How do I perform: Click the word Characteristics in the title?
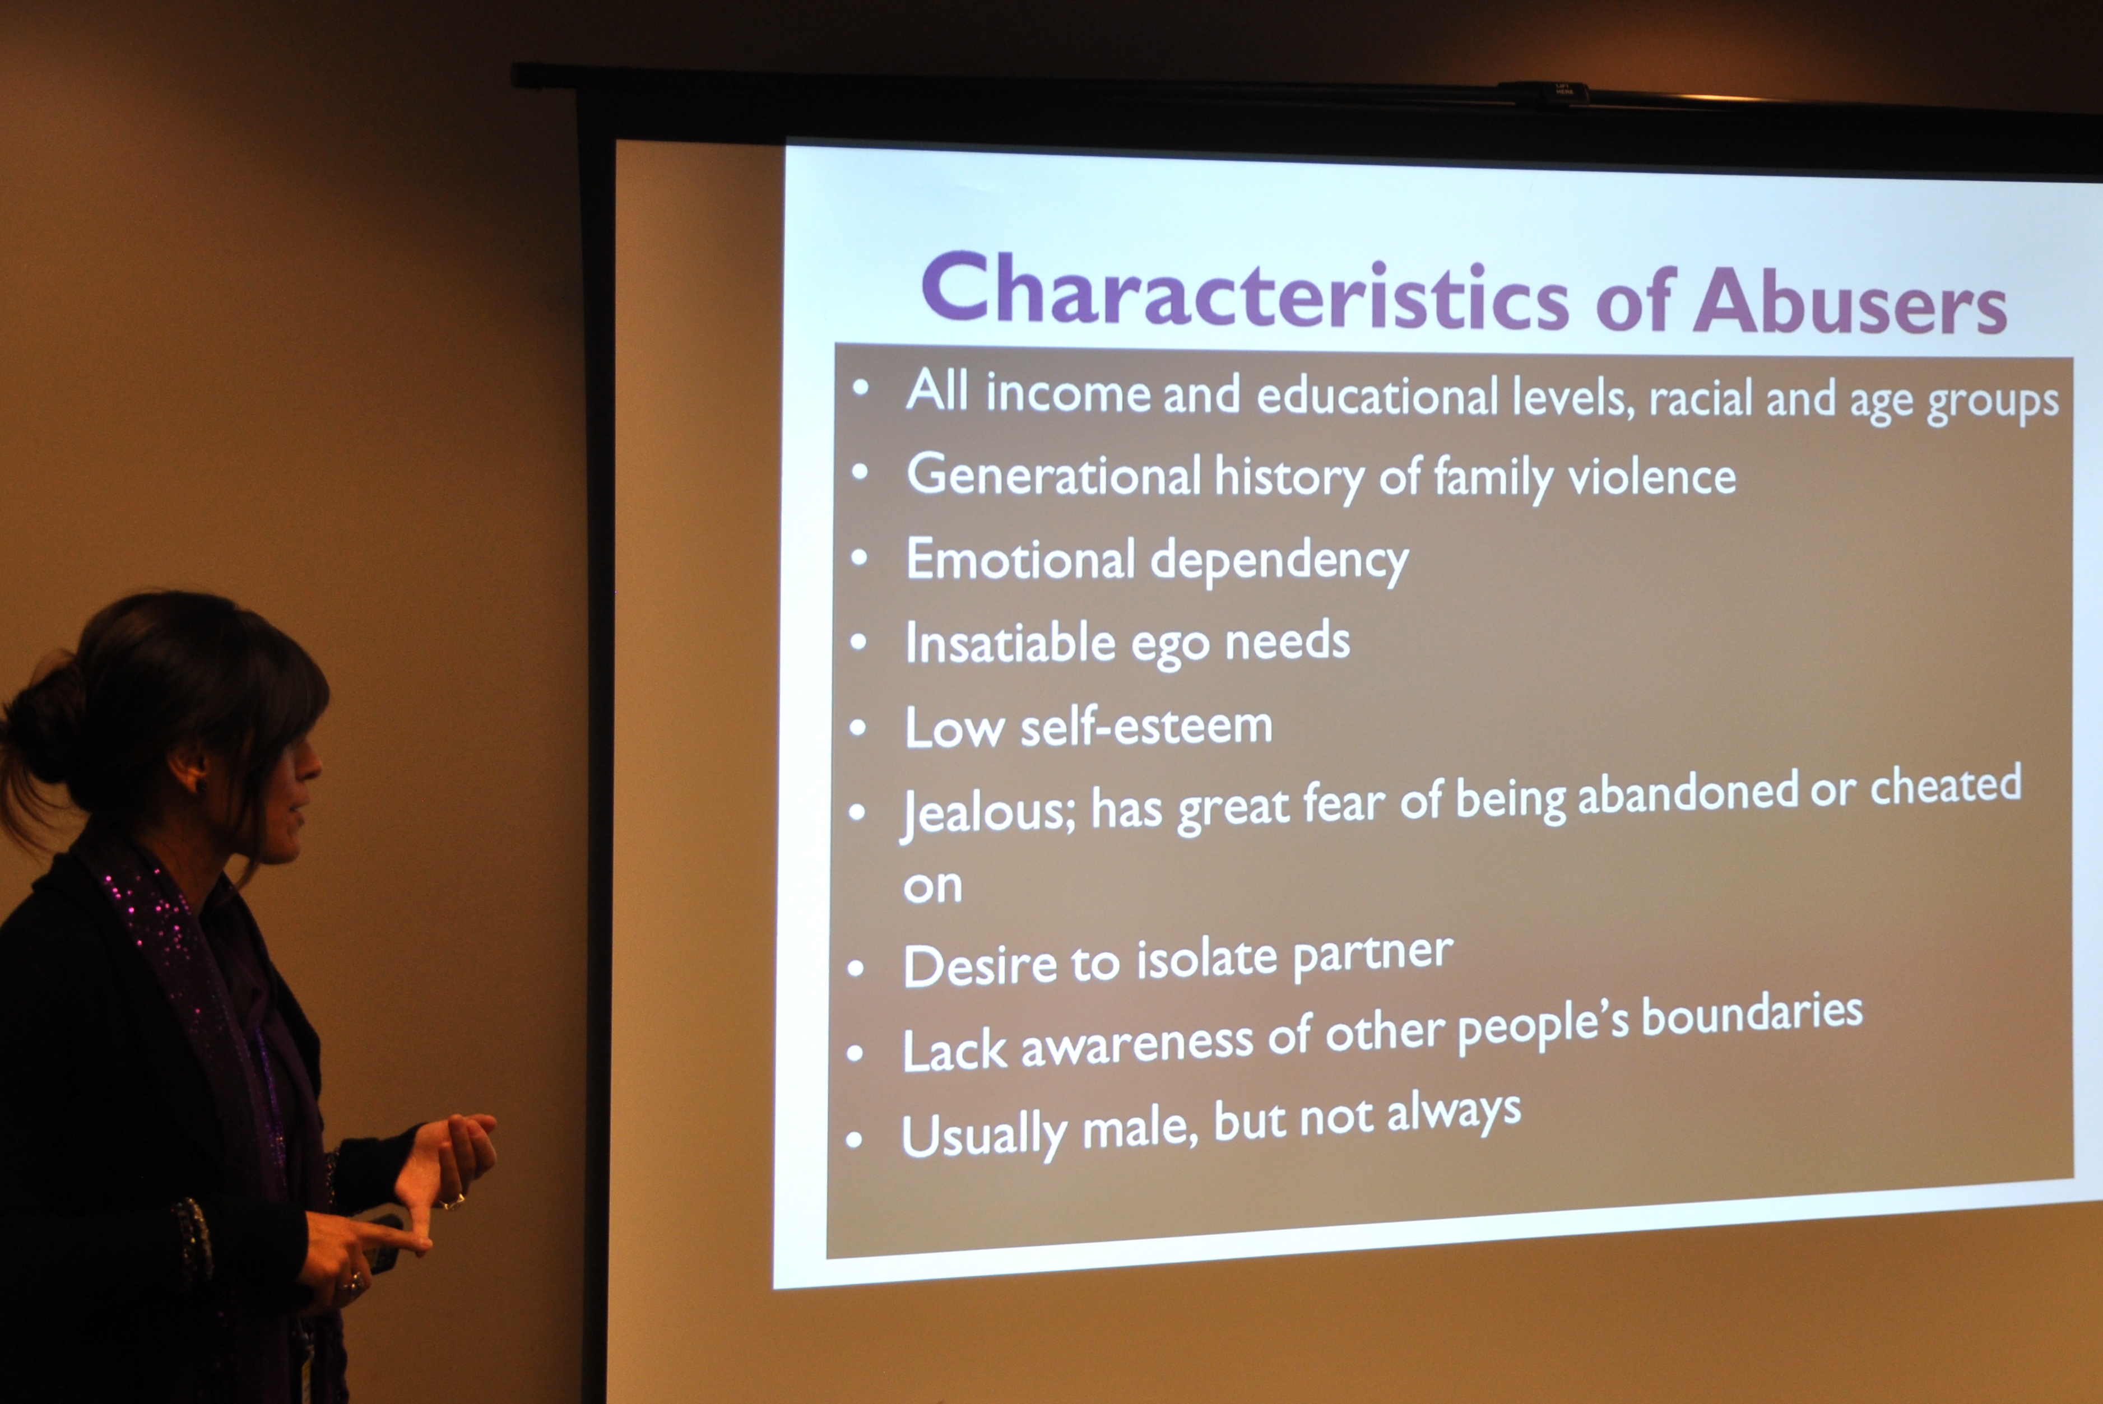point(1246,291)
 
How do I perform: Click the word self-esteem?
point(1146,726)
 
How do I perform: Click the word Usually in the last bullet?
point(983,1136)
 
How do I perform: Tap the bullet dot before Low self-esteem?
point(857,728)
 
